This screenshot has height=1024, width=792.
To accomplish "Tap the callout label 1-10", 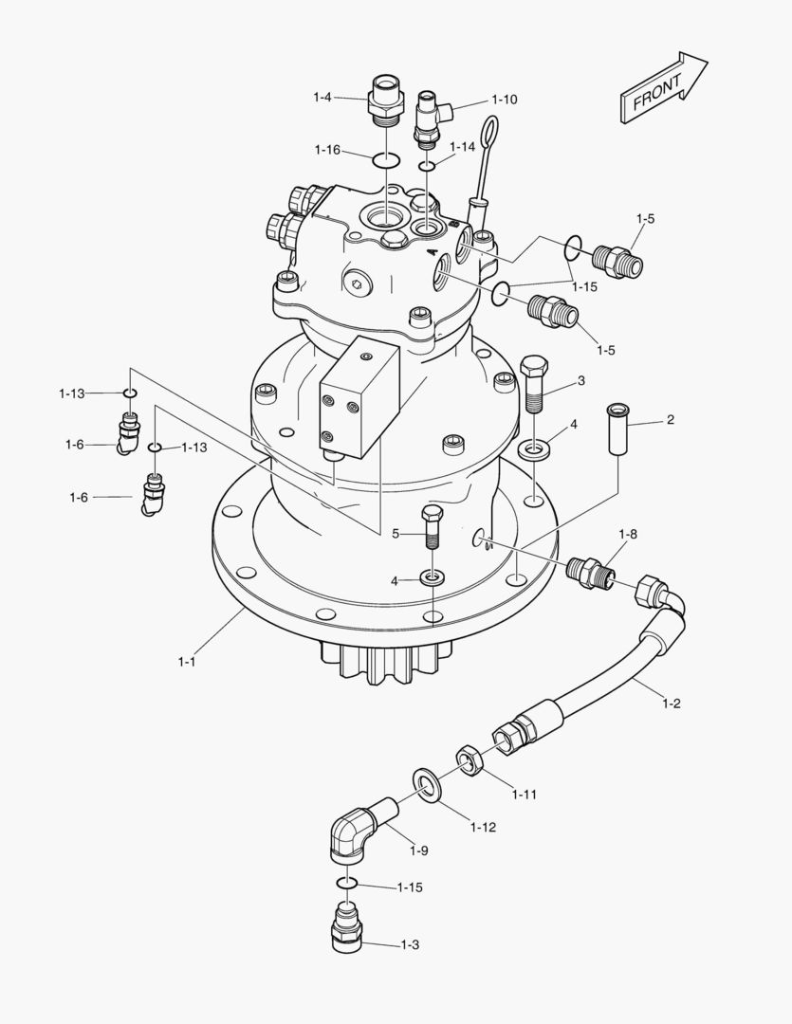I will click(x=505, y=100).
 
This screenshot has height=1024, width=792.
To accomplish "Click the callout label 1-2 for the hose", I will click(x=672, y=704).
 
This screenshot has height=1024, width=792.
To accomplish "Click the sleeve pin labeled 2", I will click(x=619, y=429).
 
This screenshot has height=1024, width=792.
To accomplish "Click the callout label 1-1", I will click(x=187, y=662).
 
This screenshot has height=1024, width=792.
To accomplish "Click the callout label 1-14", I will click(x=462, y=147).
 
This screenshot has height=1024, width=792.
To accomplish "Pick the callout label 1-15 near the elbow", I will click(x=410, y=887).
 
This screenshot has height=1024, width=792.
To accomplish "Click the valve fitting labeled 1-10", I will click(x=432, y=116).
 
